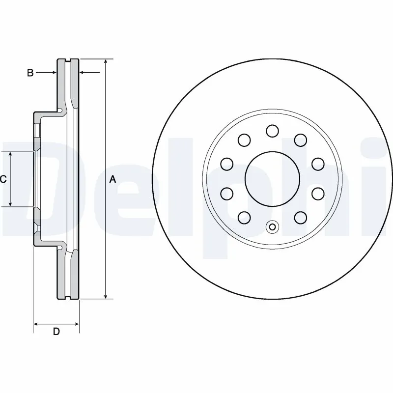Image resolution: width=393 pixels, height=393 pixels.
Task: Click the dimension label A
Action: [112, 180]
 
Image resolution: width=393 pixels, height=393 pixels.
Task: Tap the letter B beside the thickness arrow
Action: [30, 73]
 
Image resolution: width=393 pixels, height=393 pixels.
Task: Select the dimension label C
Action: [3, 179]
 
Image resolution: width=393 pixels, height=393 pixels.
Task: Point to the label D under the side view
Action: [56, 332]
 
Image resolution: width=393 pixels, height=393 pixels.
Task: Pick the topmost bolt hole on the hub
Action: [272, 131]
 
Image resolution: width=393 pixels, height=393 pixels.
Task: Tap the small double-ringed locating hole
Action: [272, 226]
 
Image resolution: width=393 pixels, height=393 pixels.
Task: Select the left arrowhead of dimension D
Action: [36, 324]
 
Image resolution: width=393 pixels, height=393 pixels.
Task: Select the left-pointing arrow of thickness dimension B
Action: [83, 73]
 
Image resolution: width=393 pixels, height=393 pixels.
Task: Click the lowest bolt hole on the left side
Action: [244, 216]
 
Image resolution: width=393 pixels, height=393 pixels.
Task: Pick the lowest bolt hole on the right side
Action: [300, 216]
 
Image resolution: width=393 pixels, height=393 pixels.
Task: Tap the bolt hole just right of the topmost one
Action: [300, 140]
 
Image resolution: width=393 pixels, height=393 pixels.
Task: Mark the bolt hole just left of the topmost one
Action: [244, 140]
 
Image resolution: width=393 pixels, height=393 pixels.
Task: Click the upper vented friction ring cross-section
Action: [68, 84]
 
